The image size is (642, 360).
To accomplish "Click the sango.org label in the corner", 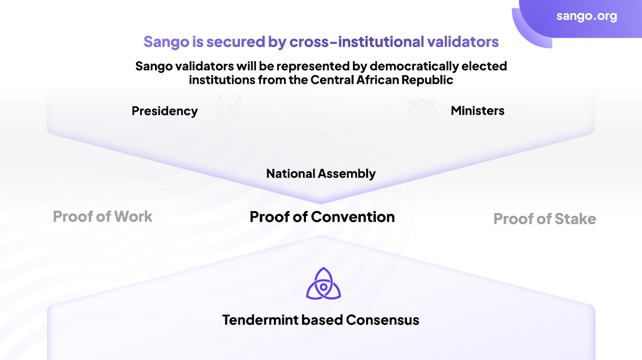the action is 587,17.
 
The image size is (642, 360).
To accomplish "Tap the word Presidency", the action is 165,111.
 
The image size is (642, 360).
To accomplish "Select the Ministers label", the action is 477,111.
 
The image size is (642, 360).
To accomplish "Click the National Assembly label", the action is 321,173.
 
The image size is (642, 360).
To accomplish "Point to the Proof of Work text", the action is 103,217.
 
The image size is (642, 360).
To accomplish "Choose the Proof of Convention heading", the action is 322,217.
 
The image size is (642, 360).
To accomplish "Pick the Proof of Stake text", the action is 545,219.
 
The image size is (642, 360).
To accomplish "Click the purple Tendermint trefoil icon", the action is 324,284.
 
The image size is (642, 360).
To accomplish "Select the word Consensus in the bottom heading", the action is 383,320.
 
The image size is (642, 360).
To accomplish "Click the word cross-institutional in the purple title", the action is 356,42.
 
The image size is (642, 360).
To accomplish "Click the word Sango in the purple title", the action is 166,42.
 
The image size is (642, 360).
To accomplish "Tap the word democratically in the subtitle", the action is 414,66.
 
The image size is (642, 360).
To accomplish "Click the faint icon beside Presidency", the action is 229,110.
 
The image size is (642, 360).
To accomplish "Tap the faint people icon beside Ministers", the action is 422,111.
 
